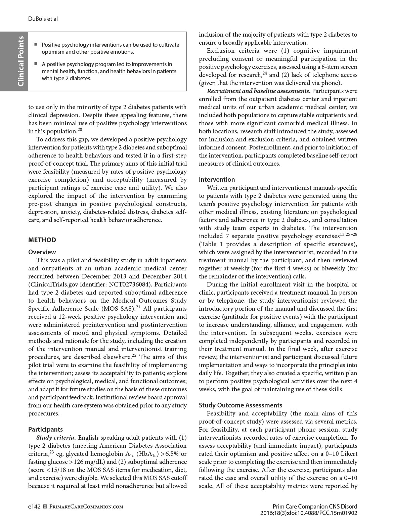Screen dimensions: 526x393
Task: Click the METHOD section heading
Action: click(x=42, y=240)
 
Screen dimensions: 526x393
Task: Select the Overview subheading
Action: click(x=42, y=252)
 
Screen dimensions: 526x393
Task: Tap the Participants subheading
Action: click(x=45, y=429)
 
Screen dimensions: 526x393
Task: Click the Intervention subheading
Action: click(x=217, y=179)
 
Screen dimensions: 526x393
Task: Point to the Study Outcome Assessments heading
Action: click(x=241, y=405)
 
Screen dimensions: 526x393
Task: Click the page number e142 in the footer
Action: click(x=34, y=507)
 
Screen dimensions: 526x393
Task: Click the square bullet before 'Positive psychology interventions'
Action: click(x=36, y=44)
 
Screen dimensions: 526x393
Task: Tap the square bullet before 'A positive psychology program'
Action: click(x=36, y=64)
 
